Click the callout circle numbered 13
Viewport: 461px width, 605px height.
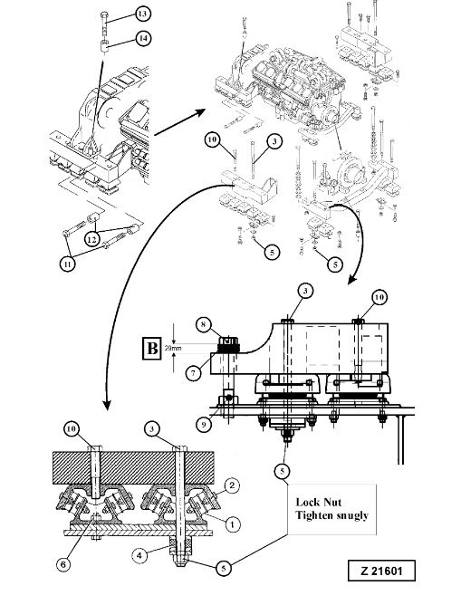142,14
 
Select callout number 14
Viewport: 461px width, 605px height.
143,38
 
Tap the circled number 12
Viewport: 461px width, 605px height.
91,240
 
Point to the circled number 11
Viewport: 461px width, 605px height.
68,264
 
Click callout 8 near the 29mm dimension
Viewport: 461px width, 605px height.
204,324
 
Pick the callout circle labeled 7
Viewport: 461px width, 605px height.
193,373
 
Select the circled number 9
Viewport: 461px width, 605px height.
204,425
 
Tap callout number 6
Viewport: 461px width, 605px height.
63,564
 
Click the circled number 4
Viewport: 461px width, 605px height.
139,555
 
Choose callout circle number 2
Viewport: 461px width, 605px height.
232,485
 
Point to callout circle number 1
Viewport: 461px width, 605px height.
232,524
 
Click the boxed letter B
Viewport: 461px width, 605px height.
152,349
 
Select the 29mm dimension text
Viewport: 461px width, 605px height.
173,348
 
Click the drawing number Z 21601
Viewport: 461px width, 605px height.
381,571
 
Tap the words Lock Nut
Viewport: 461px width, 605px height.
318,502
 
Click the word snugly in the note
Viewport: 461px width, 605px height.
351,516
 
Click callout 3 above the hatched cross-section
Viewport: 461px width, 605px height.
152,428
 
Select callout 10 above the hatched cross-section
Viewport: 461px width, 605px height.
72,428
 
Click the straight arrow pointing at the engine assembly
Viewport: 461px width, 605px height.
179,122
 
